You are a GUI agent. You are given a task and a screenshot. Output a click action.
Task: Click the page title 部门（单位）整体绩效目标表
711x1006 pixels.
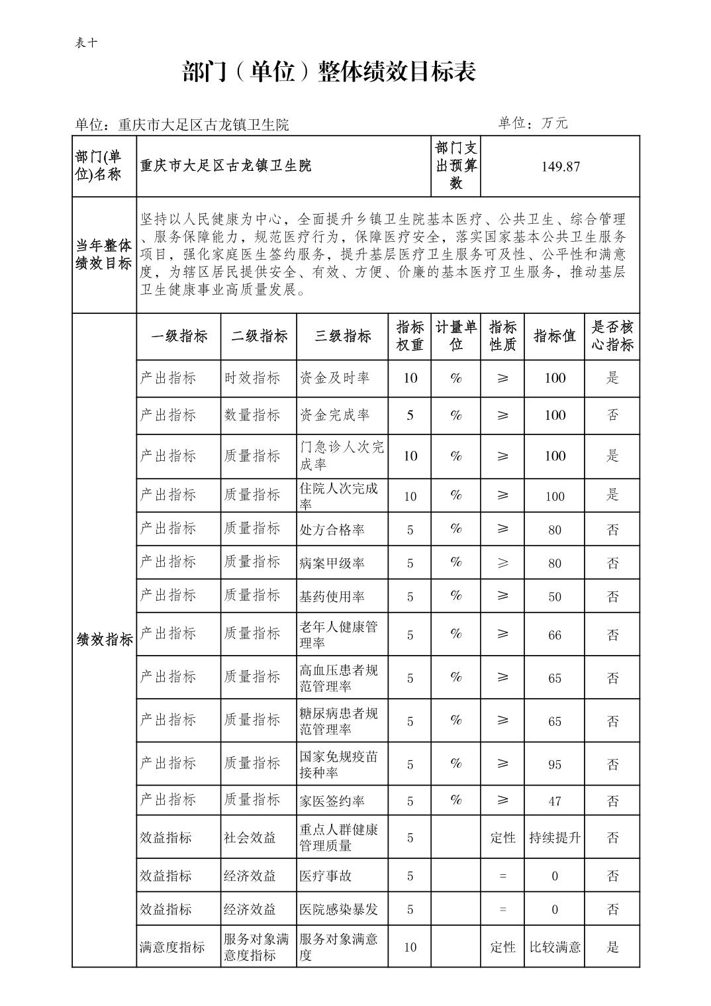tap(329, 72)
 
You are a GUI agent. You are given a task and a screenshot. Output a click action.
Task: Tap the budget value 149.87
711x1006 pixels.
tap(560, 166)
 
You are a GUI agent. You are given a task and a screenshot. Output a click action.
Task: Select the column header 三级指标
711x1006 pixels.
tap(342, 336)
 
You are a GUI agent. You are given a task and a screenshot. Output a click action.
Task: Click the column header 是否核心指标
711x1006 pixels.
tap(612, 336)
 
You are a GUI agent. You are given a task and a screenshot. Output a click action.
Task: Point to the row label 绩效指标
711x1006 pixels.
tap(105, 639)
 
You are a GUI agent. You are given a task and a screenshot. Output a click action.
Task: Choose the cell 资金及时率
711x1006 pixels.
tap(334, 378)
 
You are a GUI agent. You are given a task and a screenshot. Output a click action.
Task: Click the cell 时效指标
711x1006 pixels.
tap(252, 378)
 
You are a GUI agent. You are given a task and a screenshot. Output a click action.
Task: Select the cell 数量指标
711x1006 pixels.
tap(252, 415)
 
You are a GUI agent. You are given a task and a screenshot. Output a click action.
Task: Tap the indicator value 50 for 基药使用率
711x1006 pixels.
tap(554, 597)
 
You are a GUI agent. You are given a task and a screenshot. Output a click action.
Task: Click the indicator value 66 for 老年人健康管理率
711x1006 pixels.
tap(554, 635)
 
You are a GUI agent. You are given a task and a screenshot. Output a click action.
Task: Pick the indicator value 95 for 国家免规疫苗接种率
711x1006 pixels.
tap(554, 764)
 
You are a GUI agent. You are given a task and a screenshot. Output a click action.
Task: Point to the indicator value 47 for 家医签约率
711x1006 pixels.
tap(554, 801)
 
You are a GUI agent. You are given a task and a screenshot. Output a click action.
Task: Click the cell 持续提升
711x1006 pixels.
tap(554, 838)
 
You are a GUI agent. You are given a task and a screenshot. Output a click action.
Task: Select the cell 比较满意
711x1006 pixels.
tap(554, 947)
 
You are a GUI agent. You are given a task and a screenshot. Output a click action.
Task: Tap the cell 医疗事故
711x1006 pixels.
tap(325, 876)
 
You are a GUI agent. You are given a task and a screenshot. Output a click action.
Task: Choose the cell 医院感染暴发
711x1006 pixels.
tap(338, 909)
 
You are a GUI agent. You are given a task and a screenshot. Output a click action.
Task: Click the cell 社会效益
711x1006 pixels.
tap(250, 838)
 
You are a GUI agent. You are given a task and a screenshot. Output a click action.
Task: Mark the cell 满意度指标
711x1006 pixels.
tap(172, 947)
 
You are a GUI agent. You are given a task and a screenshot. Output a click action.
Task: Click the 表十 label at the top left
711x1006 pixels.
tap(87, 43)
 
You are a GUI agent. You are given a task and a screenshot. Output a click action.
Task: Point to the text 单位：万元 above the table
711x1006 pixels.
tap(532, 123)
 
